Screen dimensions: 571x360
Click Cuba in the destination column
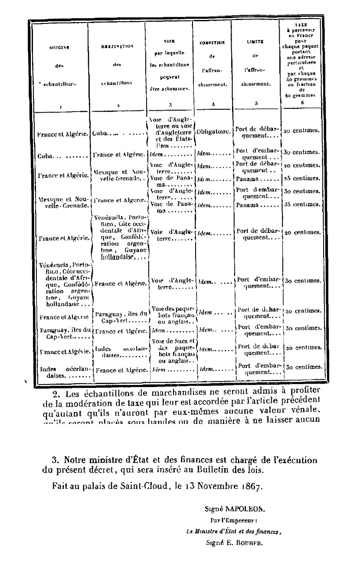(101, 134)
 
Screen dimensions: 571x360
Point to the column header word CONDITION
(212, 43)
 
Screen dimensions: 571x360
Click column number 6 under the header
(302, 102)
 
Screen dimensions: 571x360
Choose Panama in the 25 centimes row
(249, 178)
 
